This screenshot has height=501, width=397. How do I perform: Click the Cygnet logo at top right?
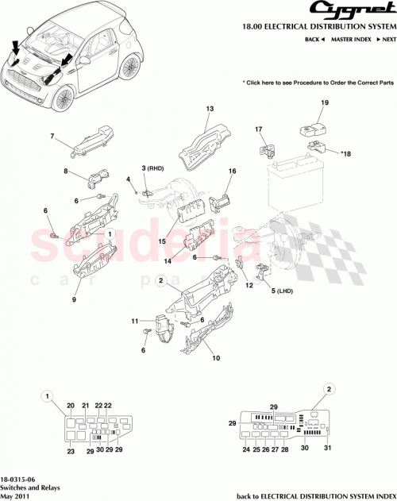pyautogui.click(x=349, y=11)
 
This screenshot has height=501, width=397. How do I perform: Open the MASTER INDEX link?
pyautogui.click(x=350, y=39)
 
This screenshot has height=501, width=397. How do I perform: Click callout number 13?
pyautogui.click(x=210, y=109)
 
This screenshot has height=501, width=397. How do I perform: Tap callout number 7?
pyautogui.click(x=52, y=137)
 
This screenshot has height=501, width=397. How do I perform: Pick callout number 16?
pyautogui.click(x=233, y=171)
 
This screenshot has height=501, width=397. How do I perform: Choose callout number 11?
pyautogui.click(x=135, y=320)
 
